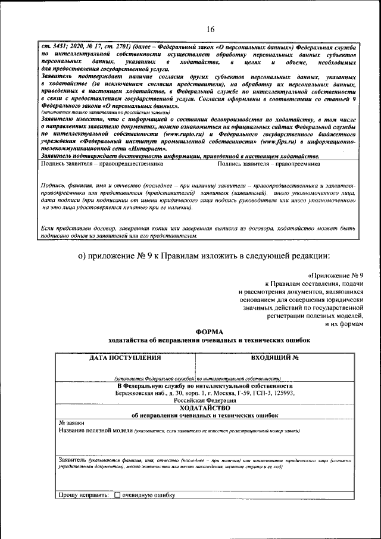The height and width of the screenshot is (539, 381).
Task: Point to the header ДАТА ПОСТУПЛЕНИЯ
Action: click(x=125, y=358)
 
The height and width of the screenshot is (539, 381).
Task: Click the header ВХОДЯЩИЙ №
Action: click(x=275, y=358)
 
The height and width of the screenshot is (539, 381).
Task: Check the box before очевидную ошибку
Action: click(x=117, y=495)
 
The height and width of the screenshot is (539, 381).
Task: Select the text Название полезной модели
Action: click(x=95, y=429)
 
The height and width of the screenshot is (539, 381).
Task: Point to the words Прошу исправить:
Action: click(x=84, y=495)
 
